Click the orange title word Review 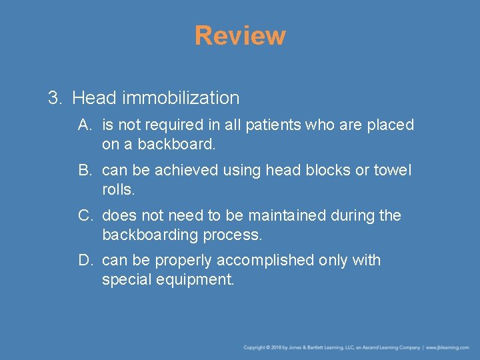(x=240, y=35)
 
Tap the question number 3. (x=54, y=98)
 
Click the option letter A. (x=84, y=125)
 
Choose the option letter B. (x=84, y=170)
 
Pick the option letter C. (x=85, y=215)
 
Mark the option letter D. (x=85, y=260)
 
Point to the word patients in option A (x=274, y=125)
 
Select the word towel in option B (x=393, y=170)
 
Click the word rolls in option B (x=118, y=189)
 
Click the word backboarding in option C (x=147, y=235)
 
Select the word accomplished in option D (x=269, y=261)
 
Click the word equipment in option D (x=196, y=280)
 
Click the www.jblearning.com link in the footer (x=448, y=347)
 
